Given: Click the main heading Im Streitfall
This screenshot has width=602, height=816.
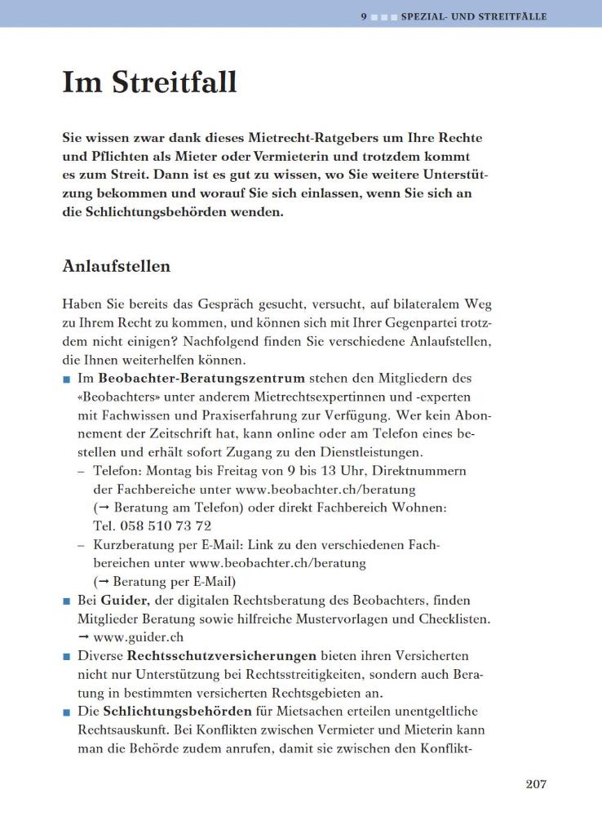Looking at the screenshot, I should coord(149,82).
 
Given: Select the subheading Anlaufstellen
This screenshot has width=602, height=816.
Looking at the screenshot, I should coord(116,266).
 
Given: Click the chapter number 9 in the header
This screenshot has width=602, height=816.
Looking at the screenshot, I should coord(364,16).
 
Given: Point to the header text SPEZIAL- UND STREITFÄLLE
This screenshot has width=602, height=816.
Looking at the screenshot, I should coord(474,16).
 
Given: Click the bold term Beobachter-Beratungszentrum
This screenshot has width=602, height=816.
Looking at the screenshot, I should coord(201,379).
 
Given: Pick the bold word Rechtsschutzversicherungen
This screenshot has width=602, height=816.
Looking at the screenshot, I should coord(222,656).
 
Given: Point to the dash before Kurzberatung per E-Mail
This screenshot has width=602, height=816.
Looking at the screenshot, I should coord(82,545).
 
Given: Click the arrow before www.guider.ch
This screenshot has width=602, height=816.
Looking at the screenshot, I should coord(83,637).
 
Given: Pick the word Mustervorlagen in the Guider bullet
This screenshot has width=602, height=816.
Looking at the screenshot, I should coord(353,619).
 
